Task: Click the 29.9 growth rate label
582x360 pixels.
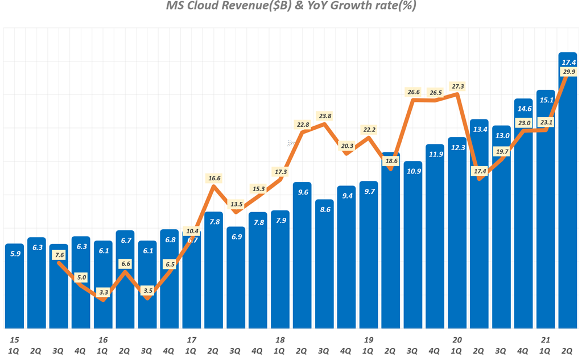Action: (568, 72)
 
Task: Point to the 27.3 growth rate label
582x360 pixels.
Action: (457, 86)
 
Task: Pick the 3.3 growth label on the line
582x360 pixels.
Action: (103, 292)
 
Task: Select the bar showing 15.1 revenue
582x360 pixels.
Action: (546, 210)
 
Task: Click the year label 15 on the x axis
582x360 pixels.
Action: (14, 340)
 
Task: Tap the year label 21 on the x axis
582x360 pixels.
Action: (546, 340)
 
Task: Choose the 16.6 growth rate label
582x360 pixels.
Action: (214, 178)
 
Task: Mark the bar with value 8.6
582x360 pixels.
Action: (324, 264)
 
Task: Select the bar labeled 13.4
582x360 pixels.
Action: (480, 225)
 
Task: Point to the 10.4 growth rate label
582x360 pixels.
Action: (192, 231)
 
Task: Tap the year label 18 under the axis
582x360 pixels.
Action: (280, 340)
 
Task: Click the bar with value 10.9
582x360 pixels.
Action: (413, 245)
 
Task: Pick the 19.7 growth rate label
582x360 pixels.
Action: (502, 152)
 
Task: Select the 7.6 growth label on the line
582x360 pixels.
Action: (59, 255)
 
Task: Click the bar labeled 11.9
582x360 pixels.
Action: (435, 236)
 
